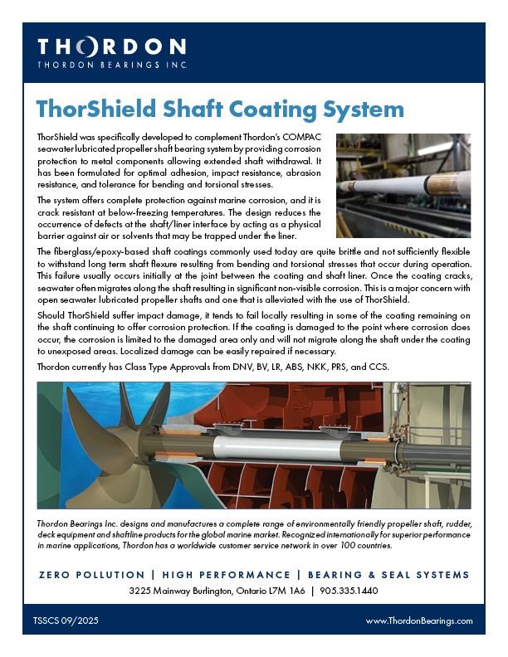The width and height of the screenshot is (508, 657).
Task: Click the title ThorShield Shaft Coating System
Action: coord(221,109)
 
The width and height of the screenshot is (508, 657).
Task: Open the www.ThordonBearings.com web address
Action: coord(418,620)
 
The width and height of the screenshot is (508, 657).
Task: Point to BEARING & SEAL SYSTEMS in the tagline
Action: coord(388,575)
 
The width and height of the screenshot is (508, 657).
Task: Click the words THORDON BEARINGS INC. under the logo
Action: coord(111,63)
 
